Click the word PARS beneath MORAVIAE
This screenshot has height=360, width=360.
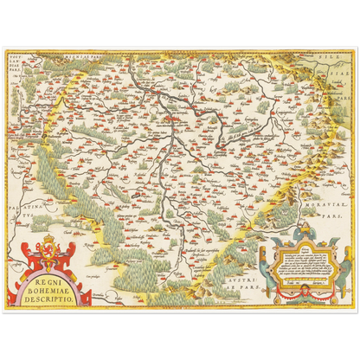pyautogui.click(x=331, y=216)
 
